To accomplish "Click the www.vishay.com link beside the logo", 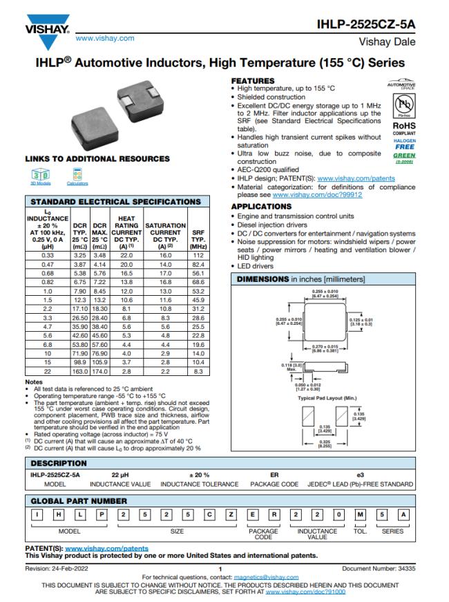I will pyautogui.click(x=105, y=38).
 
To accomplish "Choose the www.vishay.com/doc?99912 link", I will pyautogui.click(x=318, y=195).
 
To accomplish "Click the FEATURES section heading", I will pyautogui.click(x=252, y=81).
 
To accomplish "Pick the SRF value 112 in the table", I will pyautogui.click(x=198, y=256).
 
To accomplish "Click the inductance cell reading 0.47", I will pyautogui.click(x=48, y=265).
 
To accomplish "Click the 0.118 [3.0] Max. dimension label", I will pyautogui.click(x=292, y=366).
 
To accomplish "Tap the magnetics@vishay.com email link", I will pyautogui.click(x=266, y=576).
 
